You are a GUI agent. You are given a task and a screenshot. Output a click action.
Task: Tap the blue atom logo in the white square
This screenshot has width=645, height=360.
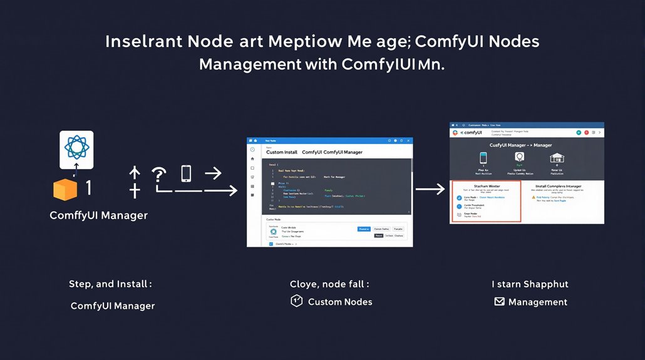tap(76, 149)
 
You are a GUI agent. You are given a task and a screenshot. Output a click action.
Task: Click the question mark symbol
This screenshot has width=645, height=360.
tap(159, 175)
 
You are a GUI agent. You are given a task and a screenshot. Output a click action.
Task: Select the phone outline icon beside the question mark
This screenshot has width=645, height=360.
tap(186, 173)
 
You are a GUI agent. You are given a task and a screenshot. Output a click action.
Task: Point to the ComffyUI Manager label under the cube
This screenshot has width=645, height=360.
tap(99, 215)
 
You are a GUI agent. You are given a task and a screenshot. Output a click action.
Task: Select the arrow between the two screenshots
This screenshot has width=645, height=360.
tap(430, 188)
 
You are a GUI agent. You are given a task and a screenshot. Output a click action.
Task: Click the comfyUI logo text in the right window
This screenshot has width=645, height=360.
tap(471, 133)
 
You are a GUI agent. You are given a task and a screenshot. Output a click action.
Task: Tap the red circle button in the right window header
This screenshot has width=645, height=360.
tap(579, 133)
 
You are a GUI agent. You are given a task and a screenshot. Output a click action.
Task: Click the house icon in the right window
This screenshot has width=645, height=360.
tap(557, 158)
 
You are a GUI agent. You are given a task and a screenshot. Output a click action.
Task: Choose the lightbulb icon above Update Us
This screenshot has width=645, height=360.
tap(519, 158)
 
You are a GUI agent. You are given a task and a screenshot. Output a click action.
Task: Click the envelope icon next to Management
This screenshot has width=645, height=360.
tap(499, 302)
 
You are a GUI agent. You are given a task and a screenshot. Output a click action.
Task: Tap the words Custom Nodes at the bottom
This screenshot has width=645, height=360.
tap(340, 302)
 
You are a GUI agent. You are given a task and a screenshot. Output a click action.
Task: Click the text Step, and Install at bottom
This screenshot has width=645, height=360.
tap(110, 284)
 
